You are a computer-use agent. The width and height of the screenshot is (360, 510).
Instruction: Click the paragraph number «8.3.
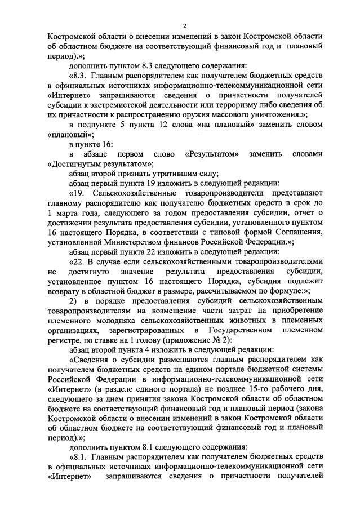[x=79, y=77]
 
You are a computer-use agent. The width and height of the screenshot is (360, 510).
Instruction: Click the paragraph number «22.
[x=78, y=261]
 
